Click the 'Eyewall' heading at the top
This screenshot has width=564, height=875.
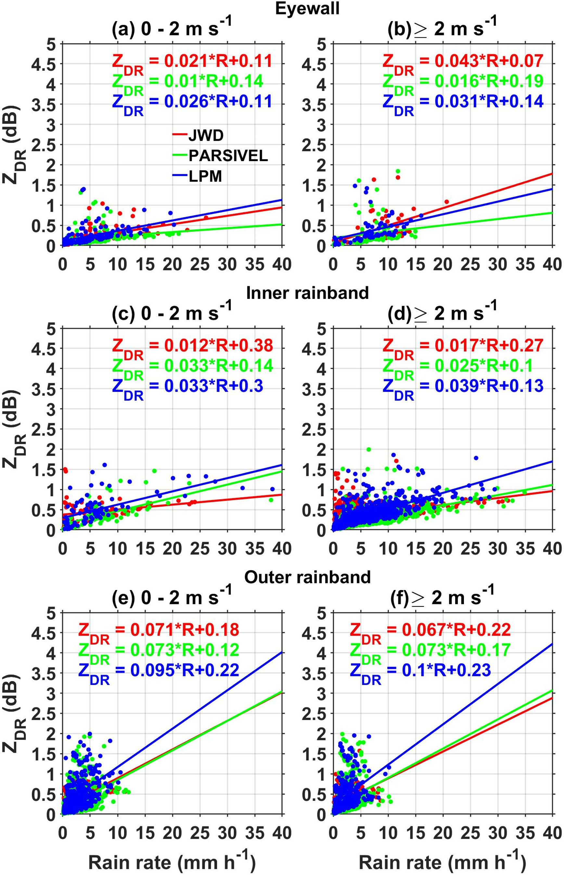[307, 8]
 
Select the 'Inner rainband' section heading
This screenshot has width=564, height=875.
[307, 293]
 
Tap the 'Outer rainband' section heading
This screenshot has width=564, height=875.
[307, 577]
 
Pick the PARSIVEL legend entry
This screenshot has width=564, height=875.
[228, 156]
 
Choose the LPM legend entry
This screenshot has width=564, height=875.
[205, 176]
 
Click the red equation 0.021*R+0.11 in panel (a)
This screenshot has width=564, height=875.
[192, 61]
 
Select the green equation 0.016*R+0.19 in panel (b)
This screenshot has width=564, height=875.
[463, 82]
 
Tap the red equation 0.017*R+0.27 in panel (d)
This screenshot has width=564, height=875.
[463, 346]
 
